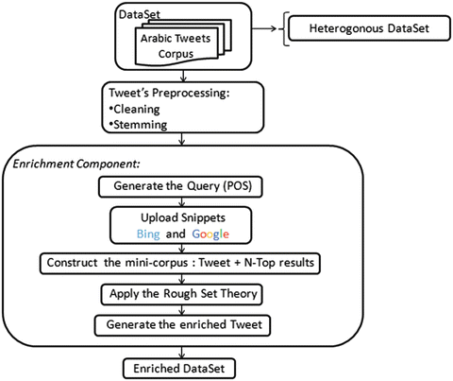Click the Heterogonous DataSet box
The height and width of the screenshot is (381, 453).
coord(369,28)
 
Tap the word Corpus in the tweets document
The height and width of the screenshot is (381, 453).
coord(176,54)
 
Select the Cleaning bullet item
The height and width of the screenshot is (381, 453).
coord(134,109)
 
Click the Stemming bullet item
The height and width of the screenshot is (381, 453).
coord(138,125)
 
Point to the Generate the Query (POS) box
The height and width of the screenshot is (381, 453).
coord(180,187)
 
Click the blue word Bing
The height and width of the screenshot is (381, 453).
coord(148,234)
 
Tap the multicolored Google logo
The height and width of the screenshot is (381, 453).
coord(210,234)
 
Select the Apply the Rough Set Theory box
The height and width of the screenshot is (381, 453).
coord(181,295)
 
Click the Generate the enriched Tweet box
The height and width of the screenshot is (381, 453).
coord(182,325)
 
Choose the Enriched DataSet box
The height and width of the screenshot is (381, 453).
coord(179,369)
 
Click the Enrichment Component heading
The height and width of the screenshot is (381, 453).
coord(76,164)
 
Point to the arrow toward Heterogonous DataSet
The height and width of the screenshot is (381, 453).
coord(264,28)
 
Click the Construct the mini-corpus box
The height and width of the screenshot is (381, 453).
coord(180,263)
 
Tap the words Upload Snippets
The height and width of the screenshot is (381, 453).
coord(183,217)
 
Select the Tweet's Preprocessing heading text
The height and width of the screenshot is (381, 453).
coord(169,93)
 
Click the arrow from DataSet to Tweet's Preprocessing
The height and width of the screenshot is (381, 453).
coord(183,76)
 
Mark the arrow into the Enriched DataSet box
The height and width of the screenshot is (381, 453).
coord(181,353)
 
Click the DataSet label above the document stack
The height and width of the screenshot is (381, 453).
coord(140,14)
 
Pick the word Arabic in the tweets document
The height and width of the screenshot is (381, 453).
coord(154,38)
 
